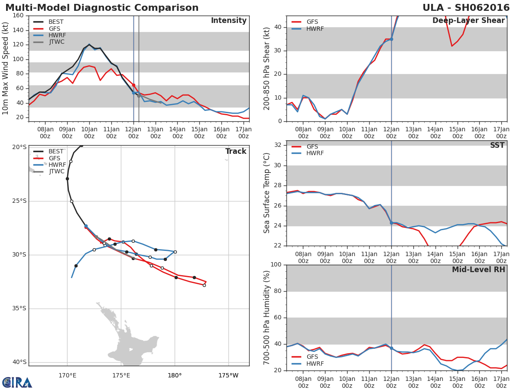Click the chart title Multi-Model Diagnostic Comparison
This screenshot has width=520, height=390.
click(x=102, y=8)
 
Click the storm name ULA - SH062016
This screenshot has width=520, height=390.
click(x=466, y=8)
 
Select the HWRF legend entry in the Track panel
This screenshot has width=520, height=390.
click(x=49, y=165)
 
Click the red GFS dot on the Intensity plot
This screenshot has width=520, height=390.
click(x=133, y=85)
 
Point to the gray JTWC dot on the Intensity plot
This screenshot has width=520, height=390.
click(x=139, y=96)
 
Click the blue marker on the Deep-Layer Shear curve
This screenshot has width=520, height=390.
click(x=391, y=39)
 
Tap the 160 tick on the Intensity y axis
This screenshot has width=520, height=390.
click(x=18, y=16)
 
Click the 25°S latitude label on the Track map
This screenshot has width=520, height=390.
click(x=19, y=201)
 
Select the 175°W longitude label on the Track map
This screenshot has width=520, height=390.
click(x=228, y=376)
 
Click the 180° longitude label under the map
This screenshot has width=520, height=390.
click(x=175, y=376)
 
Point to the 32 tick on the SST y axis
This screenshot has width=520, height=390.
click(x=278, y=145)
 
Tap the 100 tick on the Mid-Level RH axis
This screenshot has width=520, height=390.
click(x=276, y=264)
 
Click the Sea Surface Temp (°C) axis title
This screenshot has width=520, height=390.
click(x=266, y=193)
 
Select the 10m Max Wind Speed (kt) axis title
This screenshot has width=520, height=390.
click(x=5, y=68)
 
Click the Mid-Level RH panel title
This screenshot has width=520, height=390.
click(x=478, y=270)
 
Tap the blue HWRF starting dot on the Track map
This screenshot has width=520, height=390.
click(x=86, y=226)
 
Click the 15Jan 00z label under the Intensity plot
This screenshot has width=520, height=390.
click(x=199, y=133)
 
